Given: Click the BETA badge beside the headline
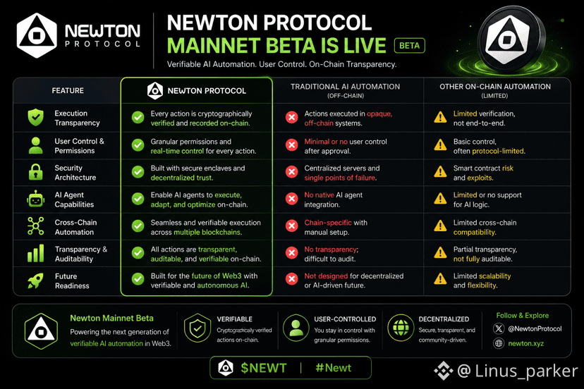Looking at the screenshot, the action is [x=409, y=45].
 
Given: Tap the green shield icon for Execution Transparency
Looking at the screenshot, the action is [x=36, y=117].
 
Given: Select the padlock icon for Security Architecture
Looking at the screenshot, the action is [x=36, y=172].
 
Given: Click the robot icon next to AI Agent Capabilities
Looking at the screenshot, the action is [x=36, y=199].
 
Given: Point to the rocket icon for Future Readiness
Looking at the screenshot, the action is [x=36, y=280].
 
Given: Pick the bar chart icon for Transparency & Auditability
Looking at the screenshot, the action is [x=36, y=254].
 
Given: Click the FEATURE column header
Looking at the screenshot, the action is [x=68, y=90].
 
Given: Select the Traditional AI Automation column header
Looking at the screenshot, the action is [x=346, y=90].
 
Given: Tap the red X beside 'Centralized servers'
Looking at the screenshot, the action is [x=291, y=172].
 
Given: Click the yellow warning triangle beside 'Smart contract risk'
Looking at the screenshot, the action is [x=440, y=172].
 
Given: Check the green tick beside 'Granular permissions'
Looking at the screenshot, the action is [x=138, y=145].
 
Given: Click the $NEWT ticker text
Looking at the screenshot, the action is [x=264, y=368].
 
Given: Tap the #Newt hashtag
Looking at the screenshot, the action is [x=334, y=368].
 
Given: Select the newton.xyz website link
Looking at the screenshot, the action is [x=526, y=343].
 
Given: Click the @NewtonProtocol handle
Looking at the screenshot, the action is [x=535, y=328].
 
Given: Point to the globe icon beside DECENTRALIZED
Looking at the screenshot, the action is [x=401, y=328].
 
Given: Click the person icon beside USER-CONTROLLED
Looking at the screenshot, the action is [x=296, y=328].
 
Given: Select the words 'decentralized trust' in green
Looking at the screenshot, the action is [x=181, y=178].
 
